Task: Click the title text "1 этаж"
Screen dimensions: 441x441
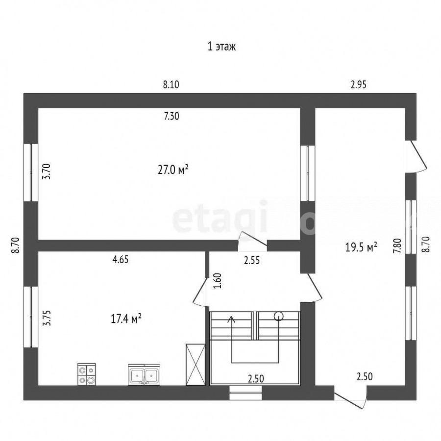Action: (x=221, y=47)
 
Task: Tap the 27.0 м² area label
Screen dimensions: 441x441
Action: (x=173, y=170)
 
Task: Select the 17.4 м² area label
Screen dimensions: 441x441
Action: (x=126, y=319)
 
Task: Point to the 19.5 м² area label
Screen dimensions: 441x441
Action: (x=361, y=247)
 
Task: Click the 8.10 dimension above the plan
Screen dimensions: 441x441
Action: (x=171, y=84)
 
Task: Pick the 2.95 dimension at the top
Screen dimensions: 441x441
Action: (x=359, y=84)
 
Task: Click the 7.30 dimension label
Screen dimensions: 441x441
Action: (x=171, y=116)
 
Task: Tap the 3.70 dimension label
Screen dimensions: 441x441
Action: (x=46, y=171)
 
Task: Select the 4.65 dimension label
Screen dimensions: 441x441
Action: (x=121, y=259)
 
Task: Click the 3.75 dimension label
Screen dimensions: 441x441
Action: (x=47, y=318)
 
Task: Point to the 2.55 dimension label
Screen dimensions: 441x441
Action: (x=252, y=261)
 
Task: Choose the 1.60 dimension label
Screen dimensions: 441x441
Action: (x=218, y=281)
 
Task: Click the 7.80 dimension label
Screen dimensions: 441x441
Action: (x=397, y=246)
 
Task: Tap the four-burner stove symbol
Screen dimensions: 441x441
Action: (x=87, y=374)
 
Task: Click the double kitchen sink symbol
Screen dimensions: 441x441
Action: (x=144, y=375)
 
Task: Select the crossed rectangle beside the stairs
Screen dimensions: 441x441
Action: (x=196, y=364)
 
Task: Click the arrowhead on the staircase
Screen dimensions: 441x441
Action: (x=231, y=319)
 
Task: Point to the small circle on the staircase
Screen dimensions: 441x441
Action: (x=279, y=317)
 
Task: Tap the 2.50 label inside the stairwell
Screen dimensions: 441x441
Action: (x=256, y=379)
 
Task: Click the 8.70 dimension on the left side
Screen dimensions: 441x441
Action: (x=16, y=245)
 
